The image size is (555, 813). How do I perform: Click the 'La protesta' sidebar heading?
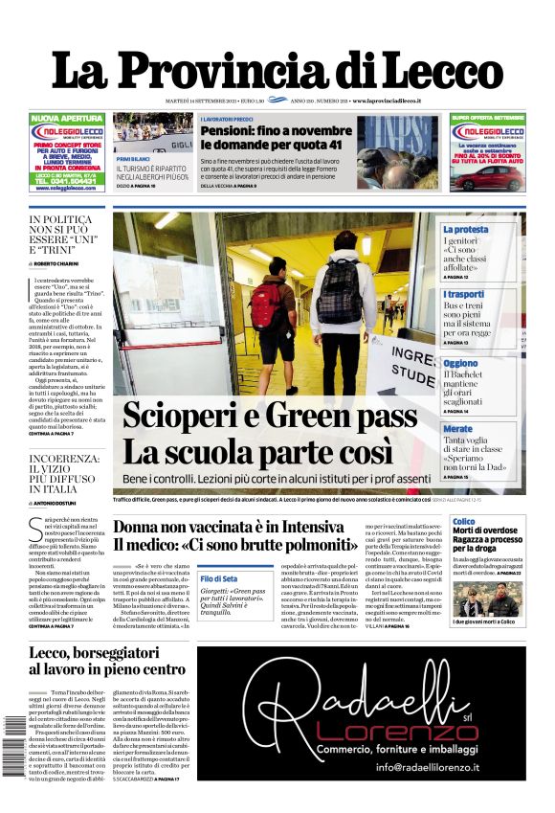465,230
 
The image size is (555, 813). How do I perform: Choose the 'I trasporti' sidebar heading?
463,294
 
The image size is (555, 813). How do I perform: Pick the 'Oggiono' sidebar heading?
460,364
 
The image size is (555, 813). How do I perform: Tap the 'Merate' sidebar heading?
457,429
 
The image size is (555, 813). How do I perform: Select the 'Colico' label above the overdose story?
463,522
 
